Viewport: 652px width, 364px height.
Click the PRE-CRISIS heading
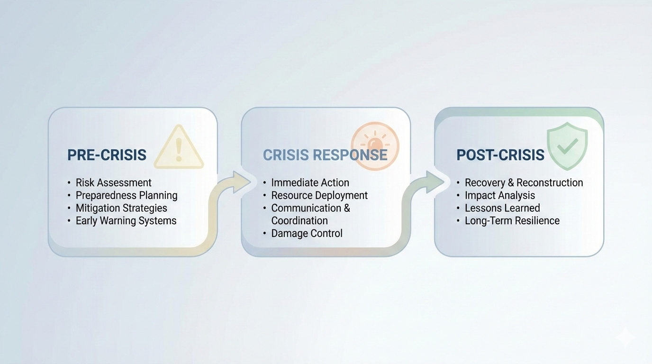[x=107, y=155]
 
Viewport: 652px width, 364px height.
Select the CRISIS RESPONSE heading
[x=325, y=155]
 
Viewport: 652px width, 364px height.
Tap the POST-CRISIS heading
[x=500, y=155]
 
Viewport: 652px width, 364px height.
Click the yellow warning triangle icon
[x=179, y=148]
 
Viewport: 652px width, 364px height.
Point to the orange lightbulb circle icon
[x=375, y=146]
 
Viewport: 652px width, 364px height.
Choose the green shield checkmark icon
[x=567, y=146]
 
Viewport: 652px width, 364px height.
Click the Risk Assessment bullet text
[x=114, y=182]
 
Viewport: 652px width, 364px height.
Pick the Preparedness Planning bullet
[x=127, y=195]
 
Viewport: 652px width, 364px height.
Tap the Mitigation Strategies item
[x=121, y=208]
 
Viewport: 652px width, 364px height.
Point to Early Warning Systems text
[x=126, y=221]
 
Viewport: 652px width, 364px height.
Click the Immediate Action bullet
[x=310, y=182]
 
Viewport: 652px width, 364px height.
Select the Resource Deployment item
[x=319, y=195]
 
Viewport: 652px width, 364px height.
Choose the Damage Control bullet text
[x=307, y=233]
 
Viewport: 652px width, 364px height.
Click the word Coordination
[x=299, y=221]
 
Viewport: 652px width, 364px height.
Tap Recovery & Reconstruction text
[x=524, y=182]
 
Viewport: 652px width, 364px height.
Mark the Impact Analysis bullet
[x=500, y=195]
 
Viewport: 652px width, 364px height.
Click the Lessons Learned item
[x=502, y=208]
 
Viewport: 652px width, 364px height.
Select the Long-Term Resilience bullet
[x=512, y=221]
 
